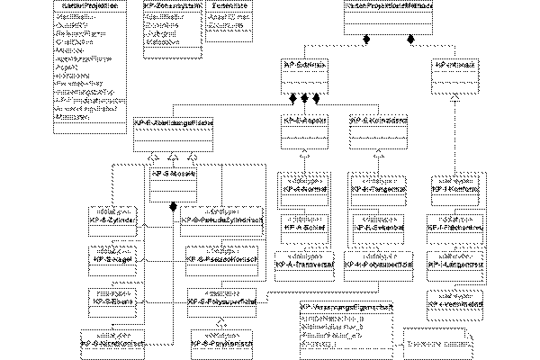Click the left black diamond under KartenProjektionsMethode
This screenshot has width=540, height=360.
pos(366,40)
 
